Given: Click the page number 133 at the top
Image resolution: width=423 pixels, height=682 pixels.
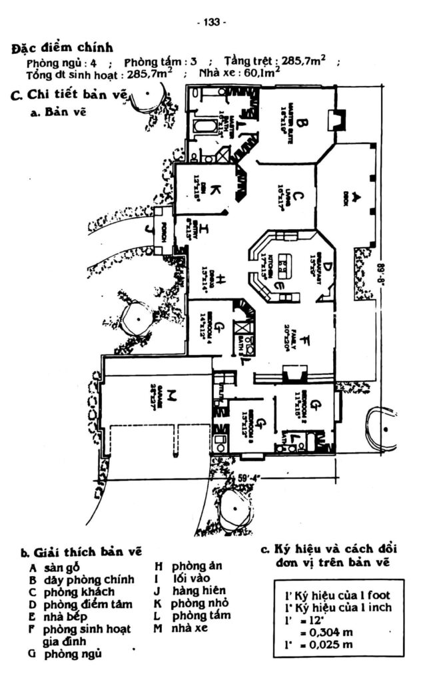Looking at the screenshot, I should pyautogui.click(x=212, y=22).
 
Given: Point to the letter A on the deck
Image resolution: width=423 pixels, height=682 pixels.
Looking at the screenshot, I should pyautogui.click(x=356, y=196).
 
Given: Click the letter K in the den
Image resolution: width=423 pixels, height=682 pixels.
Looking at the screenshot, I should pyautogui.click(x=214, y=190).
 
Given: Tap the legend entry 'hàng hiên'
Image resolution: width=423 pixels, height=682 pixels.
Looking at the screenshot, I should pyautogui.click(x=199, y=591).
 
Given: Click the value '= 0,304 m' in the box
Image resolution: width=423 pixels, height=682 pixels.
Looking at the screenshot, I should pyautogui.click(x=324, y=631).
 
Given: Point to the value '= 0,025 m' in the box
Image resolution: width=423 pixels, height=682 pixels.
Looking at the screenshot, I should pyautogui.click(x=324, y=644).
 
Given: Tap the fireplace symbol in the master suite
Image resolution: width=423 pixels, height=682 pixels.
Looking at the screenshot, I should pyautogui.click(x=335, y=121).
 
